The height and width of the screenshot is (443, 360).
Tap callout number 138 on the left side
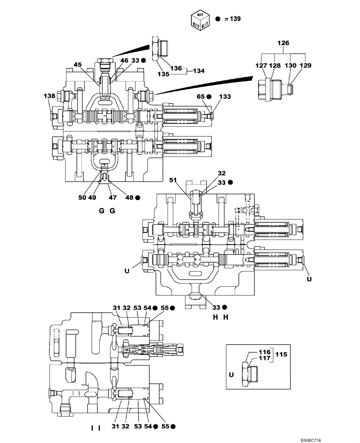[49, 96]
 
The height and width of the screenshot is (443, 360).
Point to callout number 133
[225, 96]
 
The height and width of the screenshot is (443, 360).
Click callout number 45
[78, 65]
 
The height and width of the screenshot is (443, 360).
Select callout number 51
[172, 180]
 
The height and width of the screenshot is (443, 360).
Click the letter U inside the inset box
[231, 374]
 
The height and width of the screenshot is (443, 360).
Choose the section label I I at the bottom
[96, 428]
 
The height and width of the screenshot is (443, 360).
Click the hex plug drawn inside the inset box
[248, 373]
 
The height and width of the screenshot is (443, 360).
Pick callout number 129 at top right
[305, 65]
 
